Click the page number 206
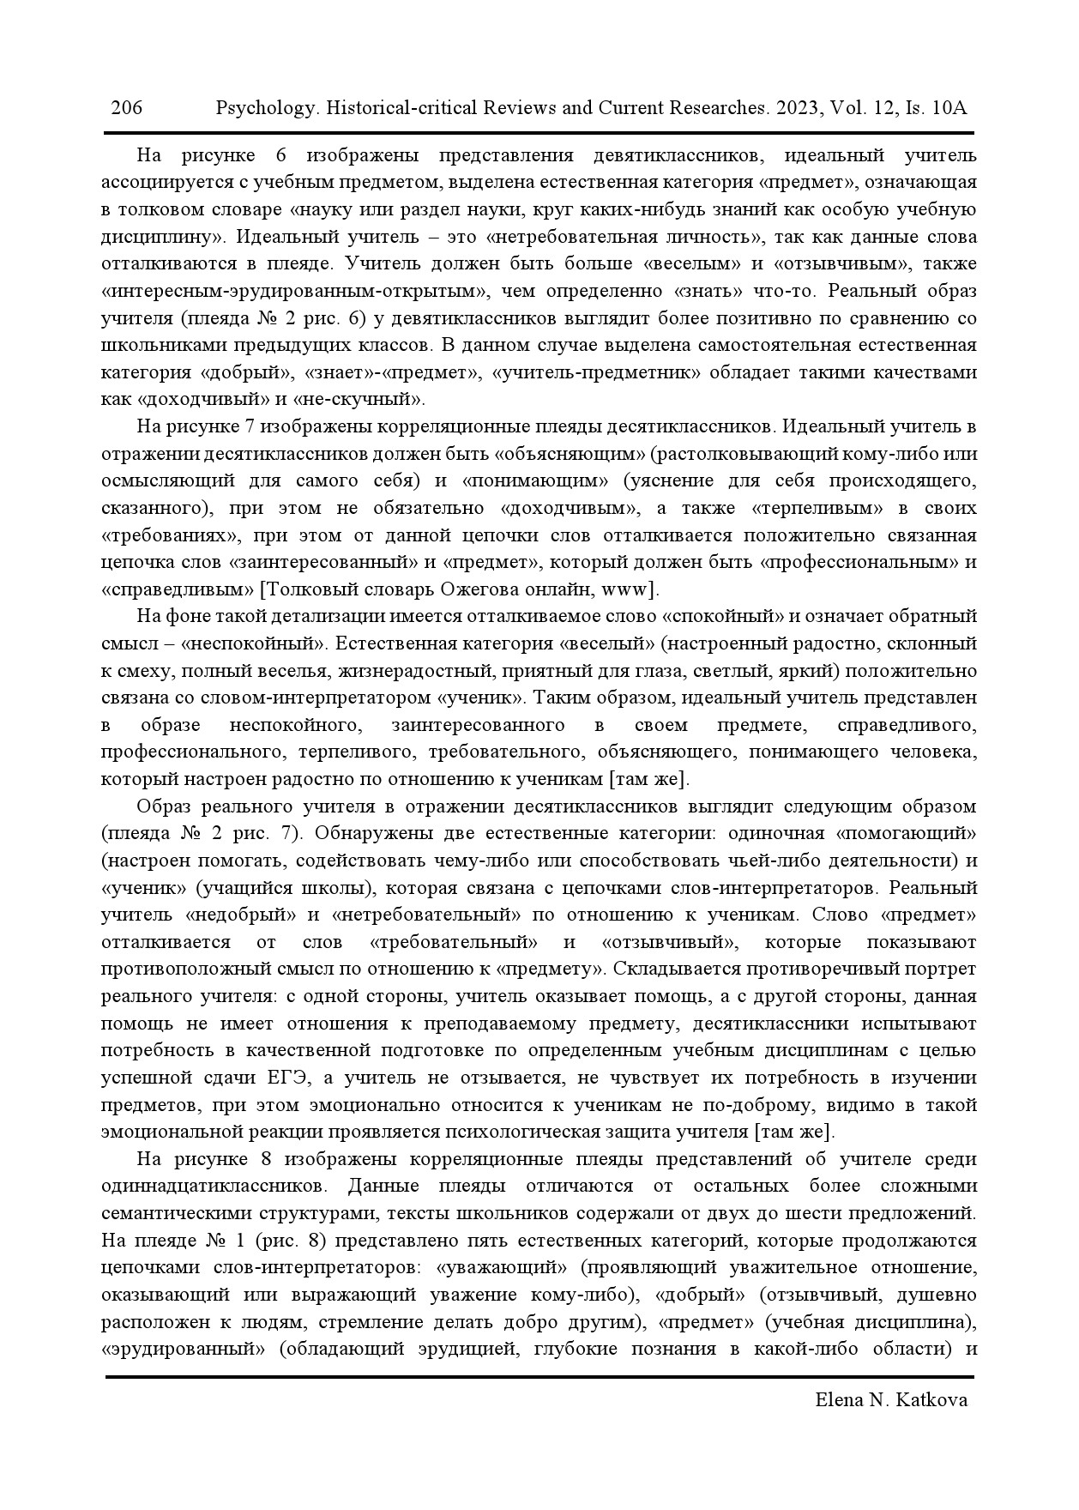pyautogui.click(x=126, y=108)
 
